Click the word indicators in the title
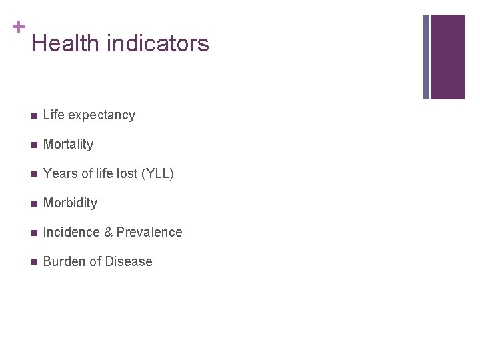pos(157,44)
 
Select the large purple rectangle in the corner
pos(447,57)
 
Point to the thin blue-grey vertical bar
pos(426,57)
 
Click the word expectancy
pos(102,115)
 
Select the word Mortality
pos(68,145)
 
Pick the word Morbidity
pos(70,203)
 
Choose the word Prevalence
pos(149,233)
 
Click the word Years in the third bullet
pos(59,174)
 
